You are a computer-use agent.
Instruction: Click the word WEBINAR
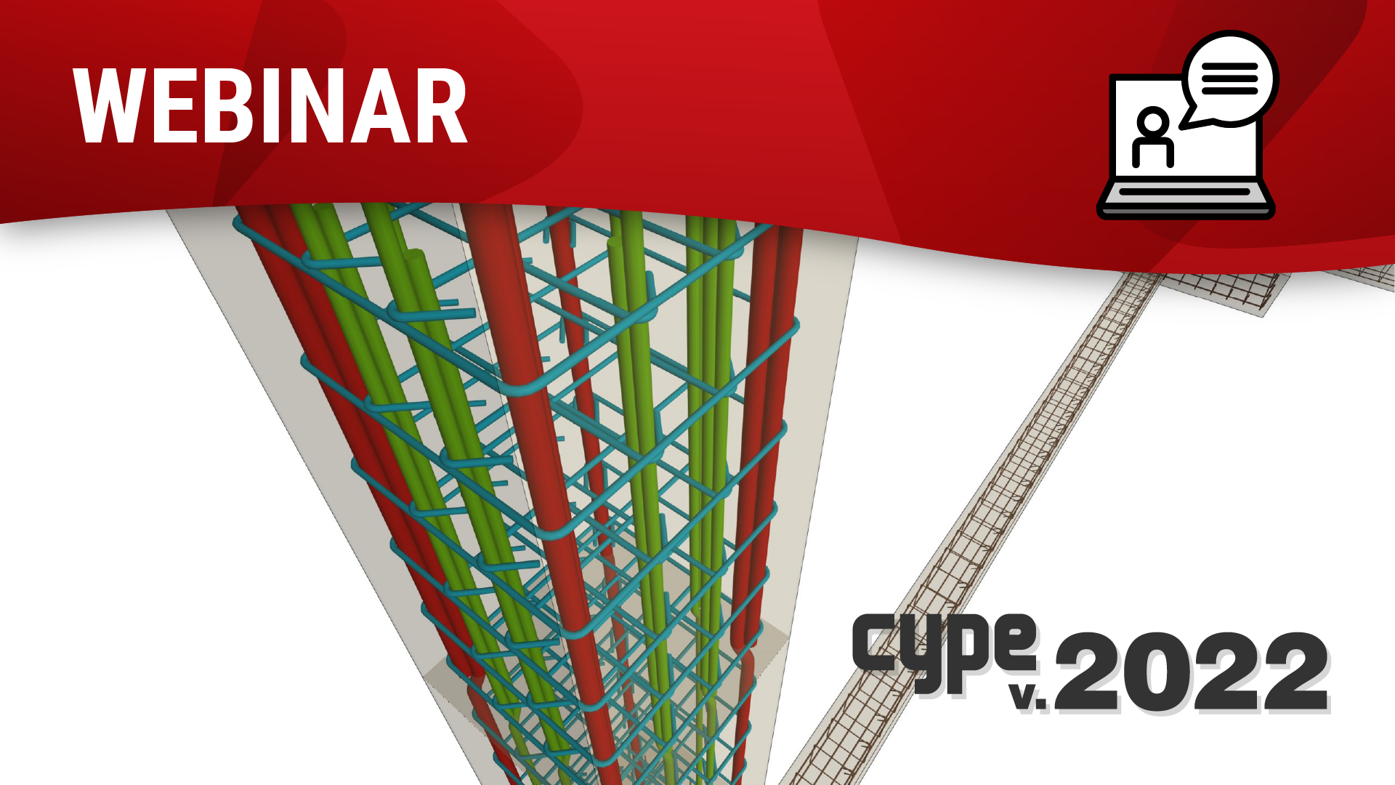point(270,107)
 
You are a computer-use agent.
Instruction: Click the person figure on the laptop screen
point(1153,138)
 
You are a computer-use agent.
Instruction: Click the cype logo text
point(945,651)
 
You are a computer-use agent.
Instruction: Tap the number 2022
point(1192,672)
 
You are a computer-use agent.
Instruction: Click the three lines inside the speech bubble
point(1229,78)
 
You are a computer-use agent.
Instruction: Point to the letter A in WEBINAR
point(379,107)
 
